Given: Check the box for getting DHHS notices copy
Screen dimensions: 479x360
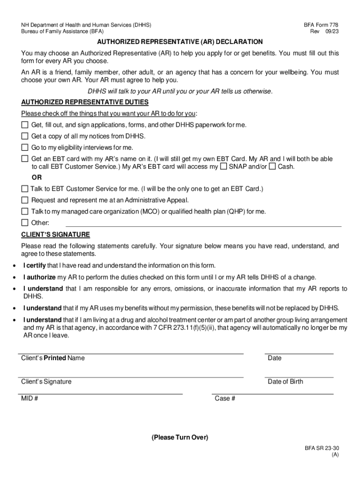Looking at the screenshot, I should tap(25, 136).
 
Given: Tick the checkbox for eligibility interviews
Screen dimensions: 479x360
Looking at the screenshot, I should tap(25, 147).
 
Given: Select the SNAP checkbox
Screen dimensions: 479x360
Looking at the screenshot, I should tap(224, 166).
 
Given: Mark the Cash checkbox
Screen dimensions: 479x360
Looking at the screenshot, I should tap(273, 166).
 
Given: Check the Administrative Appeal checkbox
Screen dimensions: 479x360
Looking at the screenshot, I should tap(25, 200).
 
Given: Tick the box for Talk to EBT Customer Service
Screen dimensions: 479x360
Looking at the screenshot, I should tap(25, 189).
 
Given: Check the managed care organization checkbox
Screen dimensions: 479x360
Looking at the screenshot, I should tap(25, 211).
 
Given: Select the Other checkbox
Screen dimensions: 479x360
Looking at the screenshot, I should tap(25, 223).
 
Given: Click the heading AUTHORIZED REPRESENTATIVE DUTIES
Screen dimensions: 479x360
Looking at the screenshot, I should tap(85, 102).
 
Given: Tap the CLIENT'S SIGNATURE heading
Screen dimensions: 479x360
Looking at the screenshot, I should tap(56, 234).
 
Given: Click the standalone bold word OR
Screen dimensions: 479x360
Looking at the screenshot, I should tap(36, 178).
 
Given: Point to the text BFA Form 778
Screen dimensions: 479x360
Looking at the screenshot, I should tap(321, 24).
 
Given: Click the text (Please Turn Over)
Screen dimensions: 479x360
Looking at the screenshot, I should tap(180, 437).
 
